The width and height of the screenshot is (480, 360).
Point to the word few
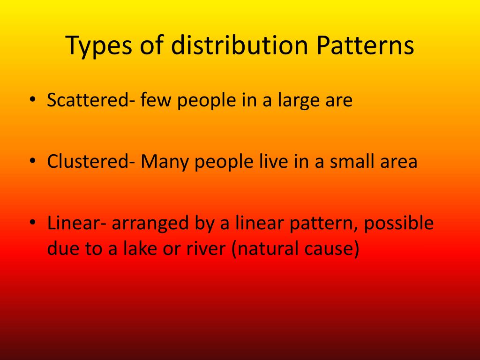click(x=157, y=100)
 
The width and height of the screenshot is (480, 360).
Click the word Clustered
click(x=88, y=162)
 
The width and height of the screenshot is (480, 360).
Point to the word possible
click(x=399, y=224)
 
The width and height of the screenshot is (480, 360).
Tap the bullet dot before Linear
click(x=33, y=224)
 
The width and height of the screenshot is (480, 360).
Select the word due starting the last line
click(x=62, y=248)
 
